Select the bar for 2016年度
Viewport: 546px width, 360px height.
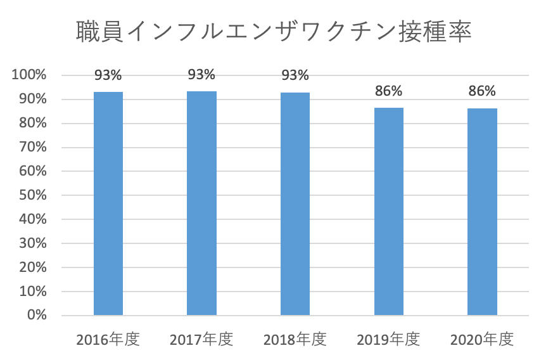coord(108,203)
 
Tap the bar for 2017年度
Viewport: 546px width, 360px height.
coord(201,203)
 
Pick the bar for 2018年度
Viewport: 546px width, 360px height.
coord(295,203)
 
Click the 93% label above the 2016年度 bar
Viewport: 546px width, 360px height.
coord(108,75)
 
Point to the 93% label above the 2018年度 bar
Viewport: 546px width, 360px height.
coord(295,75)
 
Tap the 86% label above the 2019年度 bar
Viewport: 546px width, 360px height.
coord(388,91)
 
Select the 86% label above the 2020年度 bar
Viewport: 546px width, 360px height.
coord(482,91)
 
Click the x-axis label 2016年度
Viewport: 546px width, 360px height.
coord(108,339)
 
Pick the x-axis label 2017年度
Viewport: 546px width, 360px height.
coord(201,339)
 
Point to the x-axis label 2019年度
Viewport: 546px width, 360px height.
coord(388,339)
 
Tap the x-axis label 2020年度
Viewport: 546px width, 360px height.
coord(481,339)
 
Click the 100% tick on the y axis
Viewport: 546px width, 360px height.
coord(29,75)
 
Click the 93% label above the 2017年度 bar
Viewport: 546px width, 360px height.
coord(201,75)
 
